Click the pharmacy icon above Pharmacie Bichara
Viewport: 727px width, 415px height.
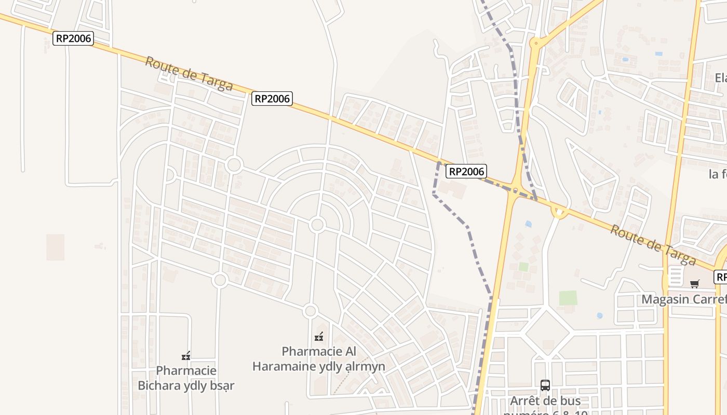[x=186, y=356]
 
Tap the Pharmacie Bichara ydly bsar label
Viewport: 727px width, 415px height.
[x=186, y=378]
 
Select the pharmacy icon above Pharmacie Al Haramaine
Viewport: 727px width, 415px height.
[x=319, y=337]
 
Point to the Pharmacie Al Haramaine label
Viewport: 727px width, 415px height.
[x=319, y=358]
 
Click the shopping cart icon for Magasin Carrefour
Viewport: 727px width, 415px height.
[x=694, y=283]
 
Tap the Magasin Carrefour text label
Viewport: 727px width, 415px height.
[x=683, y=299]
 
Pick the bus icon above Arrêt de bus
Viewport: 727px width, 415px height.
[x=545, y=385]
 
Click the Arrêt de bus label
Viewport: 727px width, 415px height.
[x=545, y=401]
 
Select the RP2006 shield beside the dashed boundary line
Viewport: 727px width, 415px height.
[x=466, y=171]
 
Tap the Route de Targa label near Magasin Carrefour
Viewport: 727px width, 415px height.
[x=652, y=244]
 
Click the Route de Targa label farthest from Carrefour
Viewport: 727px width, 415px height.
[x=189, y=74]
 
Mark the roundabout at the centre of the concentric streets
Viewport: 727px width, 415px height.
[x=317, y=225]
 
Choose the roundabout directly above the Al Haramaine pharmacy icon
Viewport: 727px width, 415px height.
[x=311, y=311]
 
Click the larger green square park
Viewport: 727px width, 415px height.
[x=568, y=298]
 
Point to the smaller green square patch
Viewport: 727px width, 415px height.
[x=523, y=267]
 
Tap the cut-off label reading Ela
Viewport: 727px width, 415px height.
[x=720, y=78]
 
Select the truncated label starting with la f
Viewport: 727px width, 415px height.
[x=718, y=174]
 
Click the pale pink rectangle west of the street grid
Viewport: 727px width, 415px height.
[x=56, y=247]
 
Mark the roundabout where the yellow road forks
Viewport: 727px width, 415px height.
[x=534, y=43]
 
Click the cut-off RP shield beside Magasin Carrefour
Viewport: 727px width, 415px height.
[x=720, y=277]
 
